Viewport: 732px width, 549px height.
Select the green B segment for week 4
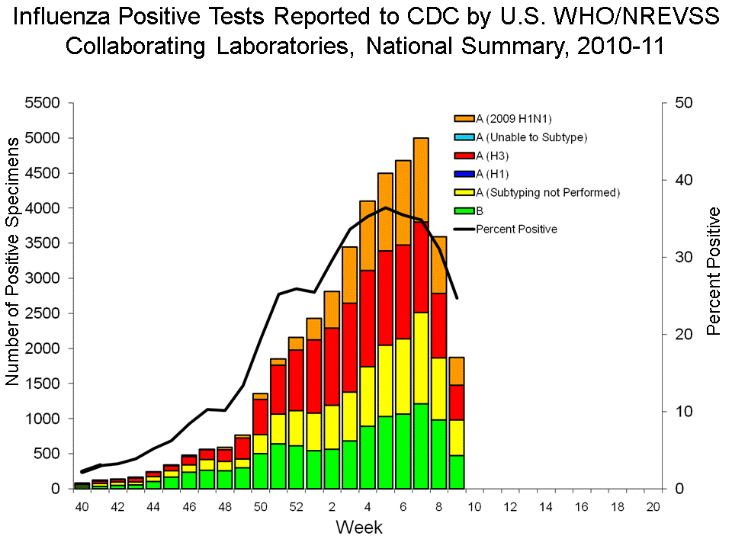click(x=368, y=457)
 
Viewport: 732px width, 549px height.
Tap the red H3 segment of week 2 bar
click(x=332, y=366)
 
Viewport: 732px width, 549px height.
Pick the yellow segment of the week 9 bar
click(x=457, y=438)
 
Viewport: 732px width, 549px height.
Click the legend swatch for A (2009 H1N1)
click(x=464, y=119)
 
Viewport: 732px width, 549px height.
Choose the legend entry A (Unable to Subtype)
click(x=531, y=137)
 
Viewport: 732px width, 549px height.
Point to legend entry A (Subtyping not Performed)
click(x=547, y=192)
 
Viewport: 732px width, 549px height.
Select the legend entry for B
click(x=480, y=210)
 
